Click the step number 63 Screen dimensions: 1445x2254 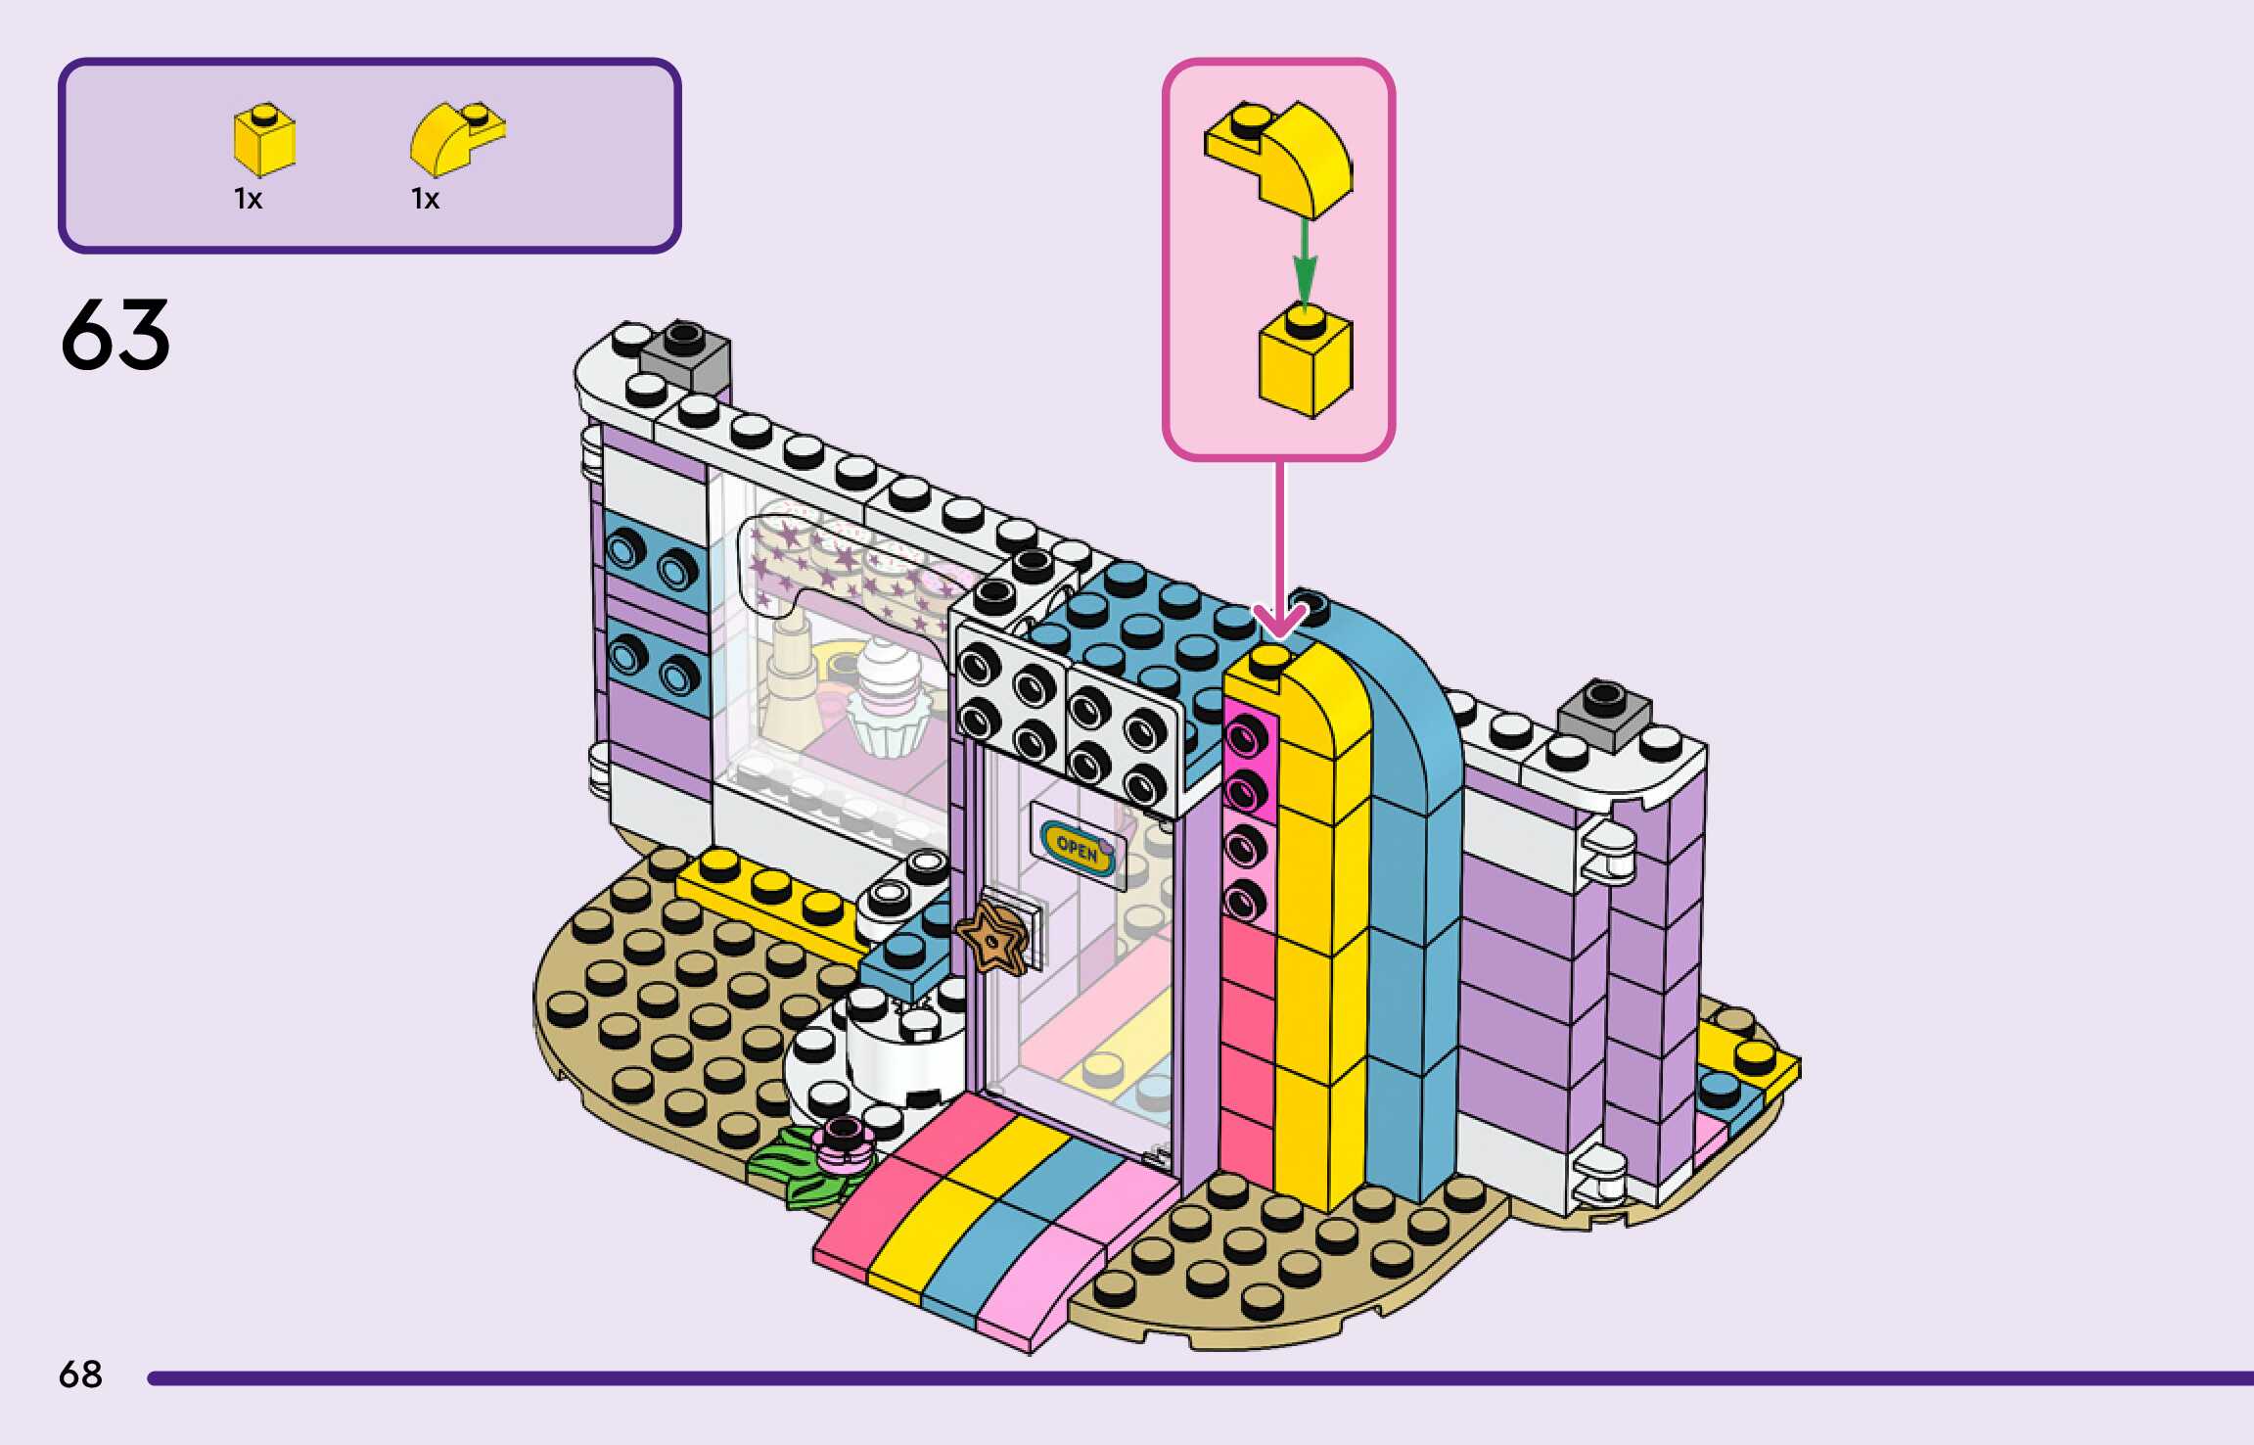click(x=115, y=335)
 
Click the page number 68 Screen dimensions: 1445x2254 click(x=80, y=1375)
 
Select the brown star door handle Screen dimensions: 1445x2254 click(x=992, y=938)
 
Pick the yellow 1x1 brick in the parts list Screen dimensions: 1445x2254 click(x=263, y=140)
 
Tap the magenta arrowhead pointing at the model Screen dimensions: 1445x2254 click(x=1279, y=621)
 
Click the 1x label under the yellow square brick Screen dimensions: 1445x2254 click(x=248, y=200)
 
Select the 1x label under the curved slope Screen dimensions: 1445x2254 click(x=425, y=200)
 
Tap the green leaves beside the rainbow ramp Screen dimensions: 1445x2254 click(x=793, y=1169)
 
